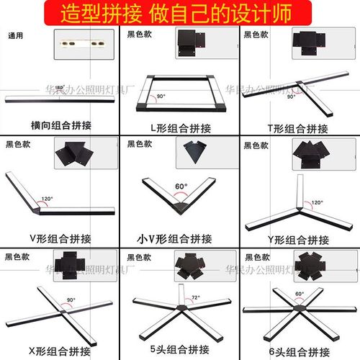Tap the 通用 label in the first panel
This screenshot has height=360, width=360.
(x=16, y=35)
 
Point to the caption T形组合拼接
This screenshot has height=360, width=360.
(x=300, y=125)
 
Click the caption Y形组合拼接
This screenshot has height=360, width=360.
(x=300, y=238)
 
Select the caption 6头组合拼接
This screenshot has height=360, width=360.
(x=300, y=351)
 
